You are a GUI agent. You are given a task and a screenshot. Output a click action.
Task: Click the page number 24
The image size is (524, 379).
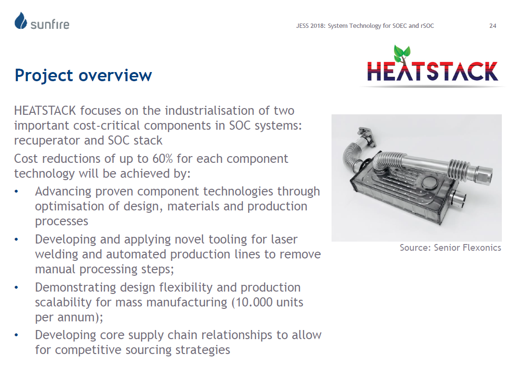493,25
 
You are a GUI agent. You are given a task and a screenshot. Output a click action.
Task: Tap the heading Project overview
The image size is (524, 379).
83,75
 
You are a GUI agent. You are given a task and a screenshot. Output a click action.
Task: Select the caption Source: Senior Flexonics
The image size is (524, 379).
450,247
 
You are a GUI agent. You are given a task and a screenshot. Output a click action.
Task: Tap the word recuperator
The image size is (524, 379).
47,140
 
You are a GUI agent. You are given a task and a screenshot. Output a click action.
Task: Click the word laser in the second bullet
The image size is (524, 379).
284,239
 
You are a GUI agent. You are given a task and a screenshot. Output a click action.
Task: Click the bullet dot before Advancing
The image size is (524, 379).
16,192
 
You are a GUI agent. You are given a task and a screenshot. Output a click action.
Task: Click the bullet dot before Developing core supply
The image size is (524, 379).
16,335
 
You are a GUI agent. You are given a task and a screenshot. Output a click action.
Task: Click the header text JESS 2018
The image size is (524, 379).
310,25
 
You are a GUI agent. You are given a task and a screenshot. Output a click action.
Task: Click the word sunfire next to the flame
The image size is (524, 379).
50,24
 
